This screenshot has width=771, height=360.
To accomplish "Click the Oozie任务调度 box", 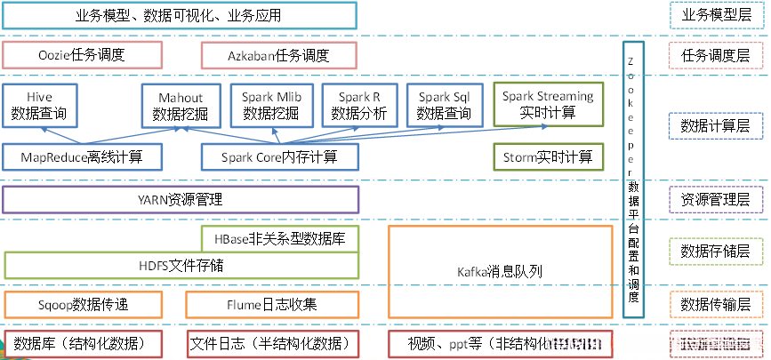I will pyautogui.click(x=83, y=55).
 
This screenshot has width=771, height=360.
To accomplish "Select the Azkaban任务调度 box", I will pyautogui.click(x=278, y=55).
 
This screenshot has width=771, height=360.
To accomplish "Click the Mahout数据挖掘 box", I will pyautogui.click(x=181, y=105).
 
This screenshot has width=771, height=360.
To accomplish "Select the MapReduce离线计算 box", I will pyautogui.click(x=83, y=157).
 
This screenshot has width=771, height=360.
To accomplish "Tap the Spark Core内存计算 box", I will pyautogui.click(x=279, y=157).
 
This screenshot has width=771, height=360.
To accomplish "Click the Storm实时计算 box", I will pyautogui.click(x=547, y=157).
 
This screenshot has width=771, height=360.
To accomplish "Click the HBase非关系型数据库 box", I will pyautogui.click(x=280, y=238).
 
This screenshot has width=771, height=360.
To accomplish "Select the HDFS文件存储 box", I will pyautogui.click(x=181, y=265).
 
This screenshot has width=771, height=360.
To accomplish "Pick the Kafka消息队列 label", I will pyautogui.click(x=499, y=272).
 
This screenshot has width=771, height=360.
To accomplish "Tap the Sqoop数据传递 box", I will pyautogui.click(x=83, y=304).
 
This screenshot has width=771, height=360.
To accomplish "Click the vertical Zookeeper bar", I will pyautogui.click(x=631, y=178).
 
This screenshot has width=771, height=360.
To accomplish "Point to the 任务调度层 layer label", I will pyautogui.click(x=714, y=55).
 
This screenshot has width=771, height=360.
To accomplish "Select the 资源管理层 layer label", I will pyautogui.click(x=714, y=199).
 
